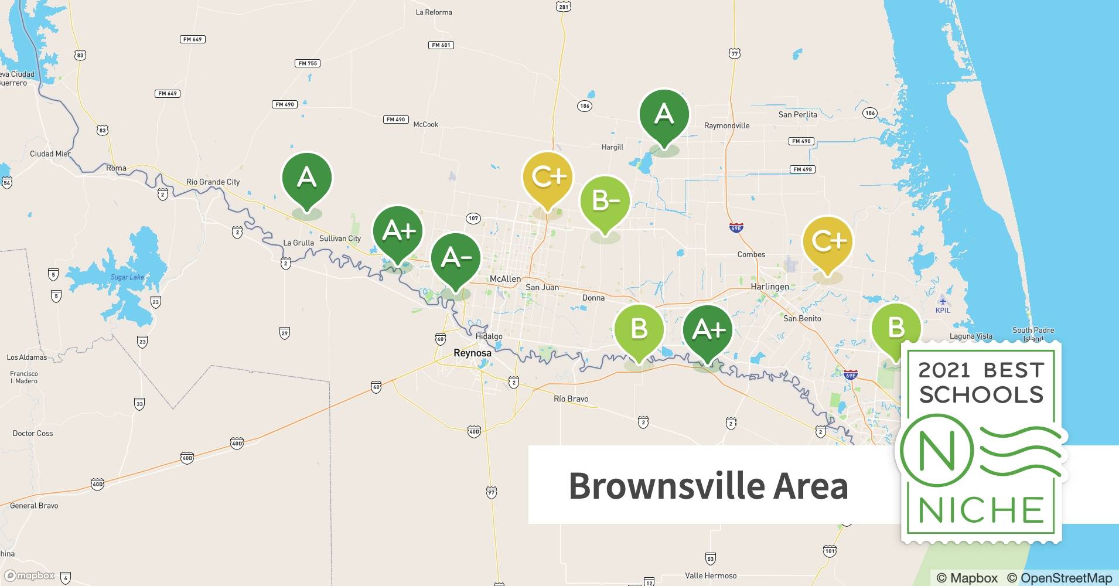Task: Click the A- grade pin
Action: click(455, 258)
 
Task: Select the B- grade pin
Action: click(605, 202)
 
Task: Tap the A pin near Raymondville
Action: click(664, 114)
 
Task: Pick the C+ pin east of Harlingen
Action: click(827, 241)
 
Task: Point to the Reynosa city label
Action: click(472, 353)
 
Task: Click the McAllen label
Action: click(505, 279)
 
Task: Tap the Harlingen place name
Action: click(770, 287)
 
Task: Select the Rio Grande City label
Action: click(213, 182)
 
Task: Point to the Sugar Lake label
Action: click(127, 277)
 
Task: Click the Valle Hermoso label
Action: click(711, 575)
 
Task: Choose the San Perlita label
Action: click(797, 114)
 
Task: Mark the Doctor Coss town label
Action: click(33, 433)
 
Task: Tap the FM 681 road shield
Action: click(441, 45)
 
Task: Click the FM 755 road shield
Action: click(308, 63)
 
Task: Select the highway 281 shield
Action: click(564, 7)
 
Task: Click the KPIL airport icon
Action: click(942, 299)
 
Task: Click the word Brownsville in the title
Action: click(667, 486)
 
